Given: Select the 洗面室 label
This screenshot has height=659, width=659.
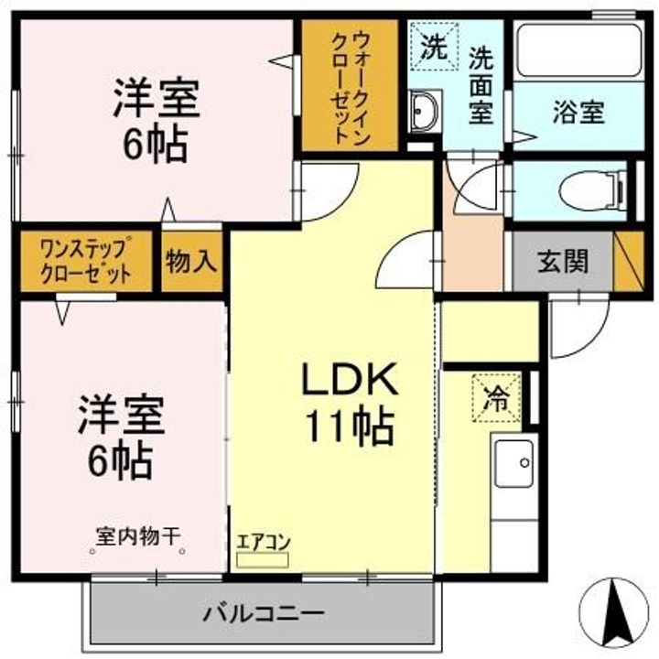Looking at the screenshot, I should [481, 85].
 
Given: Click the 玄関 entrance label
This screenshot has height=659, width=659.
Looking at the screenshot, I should [562, 262].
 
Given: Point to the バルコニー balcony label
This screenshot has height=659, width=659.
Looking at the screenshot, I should [264, 611].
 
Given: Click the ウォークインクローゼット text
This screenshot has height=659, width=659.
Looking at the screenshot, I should [351, 84].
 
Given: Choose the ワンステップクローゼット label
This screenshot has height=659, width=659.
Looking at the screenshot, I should [84, 262].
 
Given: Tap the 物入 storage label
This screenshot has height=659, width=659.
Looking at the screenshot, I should [191, 262].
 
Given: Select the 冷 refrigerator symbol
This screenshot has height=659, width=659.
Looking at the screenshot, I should [498, 398].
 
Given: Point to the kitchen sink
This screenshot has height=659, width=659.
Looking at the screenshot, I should [513, 464].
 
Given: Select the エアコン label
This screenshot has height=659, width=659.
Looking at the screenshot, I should [263, 540].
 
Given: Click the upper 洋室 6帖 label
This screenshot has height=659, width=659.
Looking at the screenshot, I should [153, 120].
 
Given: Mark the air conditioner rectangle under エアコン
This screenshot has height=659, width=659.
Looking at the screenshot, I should [263, 556].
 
